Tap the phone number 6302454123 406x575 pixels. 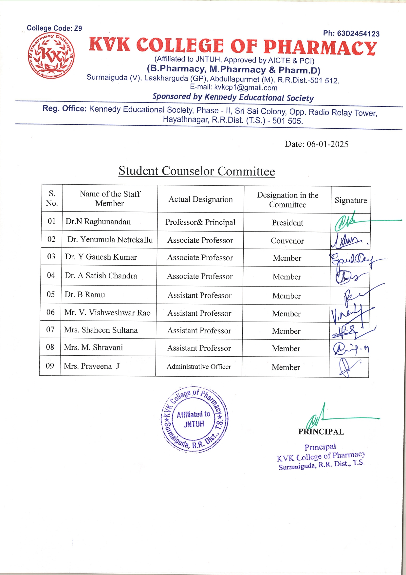358,34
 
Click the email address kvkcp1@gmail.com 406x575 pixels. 246,88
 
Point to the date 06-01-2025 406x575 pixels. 327,144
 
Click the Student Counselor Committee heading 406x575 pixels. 196,171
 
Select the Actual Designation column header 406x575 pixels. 201,199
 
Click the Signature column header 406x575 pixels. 351,200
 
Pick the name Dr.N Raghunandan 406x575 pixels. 98,222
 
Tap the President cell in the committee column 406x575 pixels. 287,223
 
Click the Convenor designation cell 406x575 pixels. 287,241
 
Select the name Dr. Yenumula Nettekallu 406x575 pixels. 110,240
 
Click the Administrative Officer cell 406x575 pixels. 199,367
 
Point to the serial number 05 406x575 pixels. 51,294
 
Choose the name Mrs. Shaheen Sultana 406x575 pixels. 101,330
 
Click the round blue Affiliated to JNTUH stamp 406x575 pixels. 194,419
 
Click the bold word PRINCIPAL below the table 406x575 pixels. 321,432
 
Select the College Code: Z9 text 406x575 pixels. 54,28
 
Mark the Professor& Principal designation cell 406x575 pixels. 200,222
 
